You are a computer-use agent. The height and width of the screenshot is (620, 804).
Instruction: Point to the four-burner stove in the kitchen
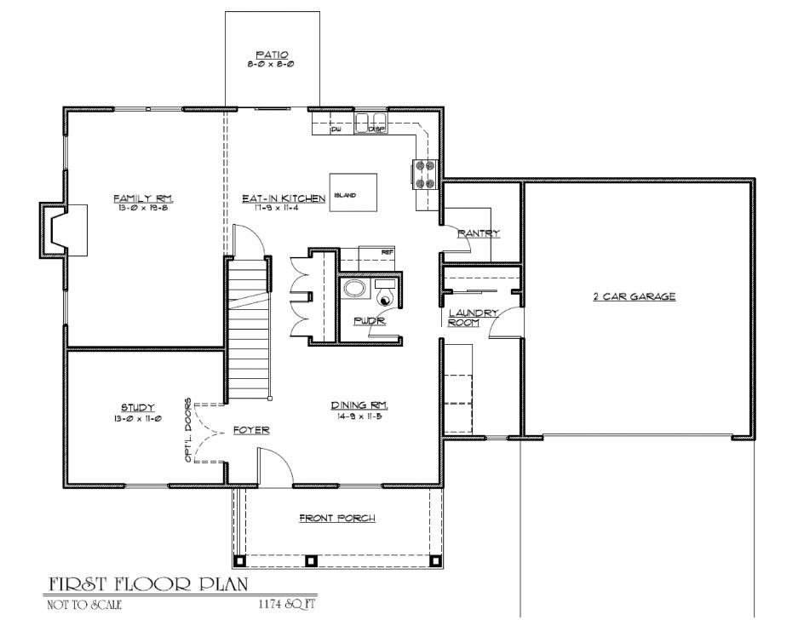[425, 173]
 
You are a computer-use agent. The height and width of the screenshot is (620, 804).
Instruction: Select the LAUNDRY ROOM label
[473, 318]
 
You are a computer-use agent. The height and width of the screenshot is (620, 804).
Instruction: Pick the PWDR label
[369, 321]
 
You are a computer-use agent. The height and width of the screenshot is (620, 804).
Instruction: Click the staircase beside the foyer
[249, 328]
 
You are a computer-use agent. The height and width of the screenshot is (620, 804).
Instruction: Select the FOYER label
[251, 430]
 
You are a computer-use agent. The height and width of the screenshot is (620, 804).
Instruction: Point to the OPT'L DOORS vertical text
[189, 430]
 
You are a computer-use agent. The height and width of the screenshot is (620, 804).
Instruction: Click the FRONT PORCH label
[337, 517]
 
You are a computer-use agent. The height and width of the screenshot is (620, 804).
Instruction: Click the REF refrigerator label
[388, 251]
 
